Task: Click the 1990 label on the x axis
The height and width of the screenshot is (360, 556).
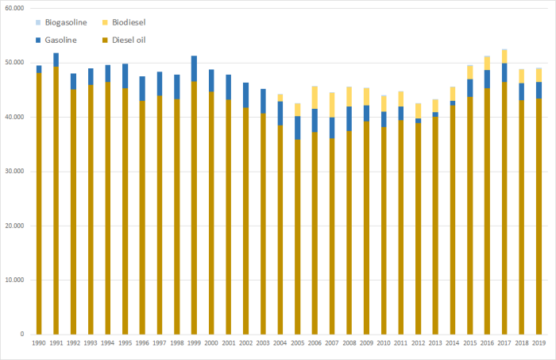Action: pos(39,343)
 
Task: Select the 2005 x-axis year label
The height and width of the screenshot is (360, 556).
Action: pos(297,343)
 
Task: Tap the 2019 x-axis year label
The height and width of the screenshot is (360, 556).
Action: pos(538,343)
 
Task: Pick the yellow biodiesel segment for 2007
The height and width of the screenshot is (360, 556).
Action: pos(331,105)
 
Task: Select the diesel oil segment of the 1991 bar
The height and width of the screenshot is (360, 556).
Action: pos(56,199)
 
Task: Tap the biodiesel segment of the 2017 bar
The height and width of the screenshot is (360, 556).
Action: pos(504,56)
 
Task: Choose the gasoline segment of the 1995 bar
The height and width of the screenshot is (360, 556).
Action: pos(125,75)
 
